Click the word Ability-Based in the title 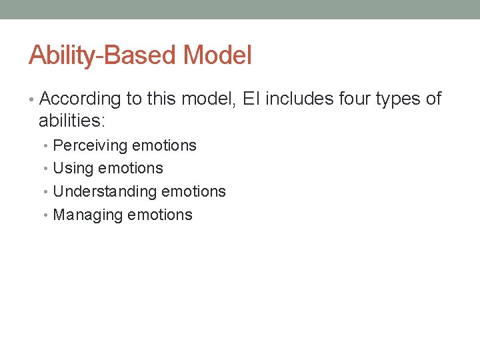click(x=103, y=55)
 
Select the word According click(x=80, y=99)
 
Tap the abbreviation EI click(x=252, y=99)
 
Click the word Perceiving click(x=90, y=145)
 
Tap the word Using click(x=73, y=168)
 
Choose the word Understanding click(x=105, y=191)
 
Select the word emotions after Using click(x=131, y=168)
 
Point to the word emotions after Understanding click(x=194, y=191)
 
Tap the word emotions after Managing click(x=160, y=215)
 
